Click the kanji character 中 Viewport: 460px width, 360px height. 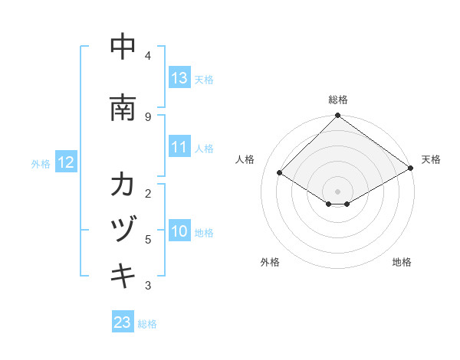[123, 47]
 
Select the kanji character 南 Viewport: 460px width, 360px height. [123, 108]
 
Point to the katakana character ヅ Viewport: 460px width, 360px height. [123, 230]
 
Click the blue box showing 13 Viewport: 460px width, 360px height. [179, 78]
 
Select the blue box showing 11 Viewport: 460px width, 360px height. [179, 147]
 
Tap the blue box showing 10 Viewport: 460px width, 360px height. [179, 231]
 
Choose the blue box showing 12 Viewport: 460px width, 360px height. [66, 162]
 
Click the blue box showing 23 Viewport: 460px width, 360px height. [122, 322]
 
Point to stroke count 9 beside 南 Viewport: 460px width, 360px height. [147, 116]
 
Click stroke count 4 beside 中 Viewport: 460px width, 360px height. [147, 56]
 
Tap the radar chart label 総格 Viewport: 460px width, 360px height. [337, 100]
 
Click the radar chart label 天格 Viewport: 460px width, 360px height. [431, 159]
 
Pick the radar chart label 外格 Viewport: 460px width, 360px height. [270, 262]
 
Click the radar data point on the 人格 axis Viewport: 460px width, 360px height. [280, 173]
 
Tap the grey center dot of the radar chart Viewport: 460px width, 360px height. [337, 191]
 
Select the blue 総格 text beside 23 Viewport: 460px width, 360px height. [147, 324]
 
